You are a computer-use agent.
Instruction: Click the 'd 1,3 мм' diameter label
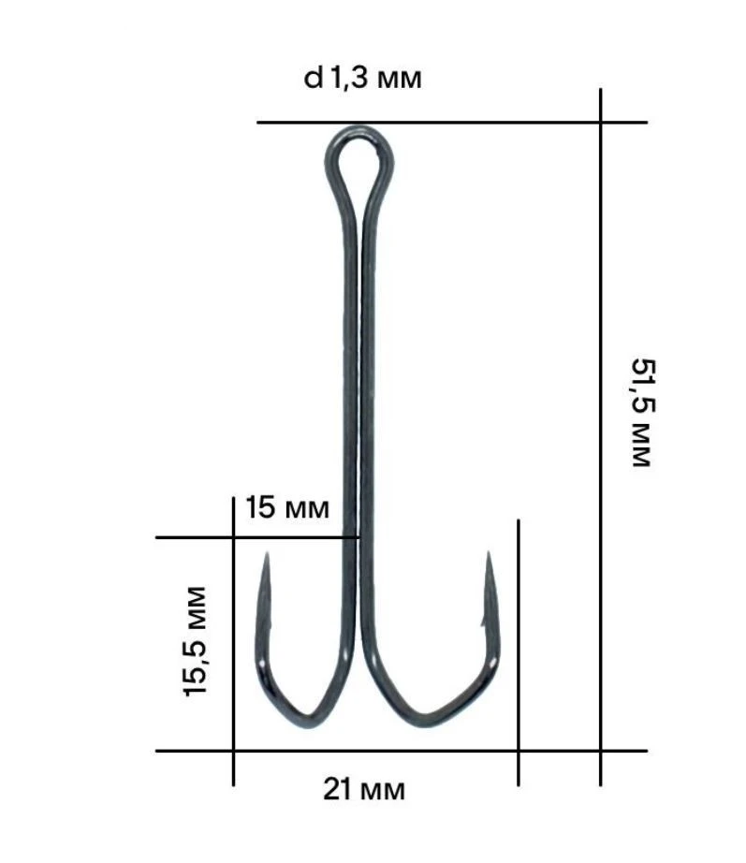pos(363,79)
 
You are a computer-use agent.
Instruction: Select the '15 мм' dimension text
pos(287,509)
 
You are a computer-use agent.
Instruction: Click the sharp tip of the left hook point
pos(266,555)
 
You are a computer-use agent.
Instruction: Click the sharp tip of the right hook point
pos(488,554)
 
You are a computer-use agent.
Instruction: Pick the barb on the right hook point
pos(482,618)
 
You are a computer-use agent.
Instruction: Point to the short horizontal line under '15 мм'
pos(253,537)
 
